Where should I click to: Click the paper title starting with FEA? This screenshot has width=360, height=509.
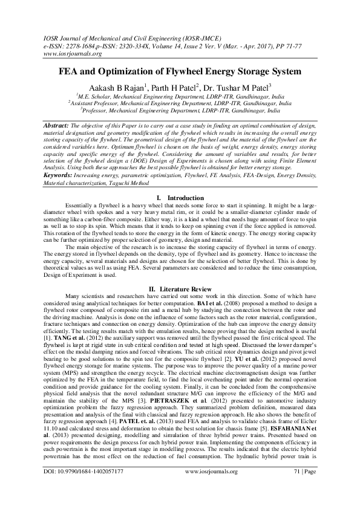pyautogui.click(x=179, y=71)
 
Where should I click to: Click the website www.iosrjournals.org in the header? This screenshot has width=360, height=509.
pyautogui.click(x=66, y=53)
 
